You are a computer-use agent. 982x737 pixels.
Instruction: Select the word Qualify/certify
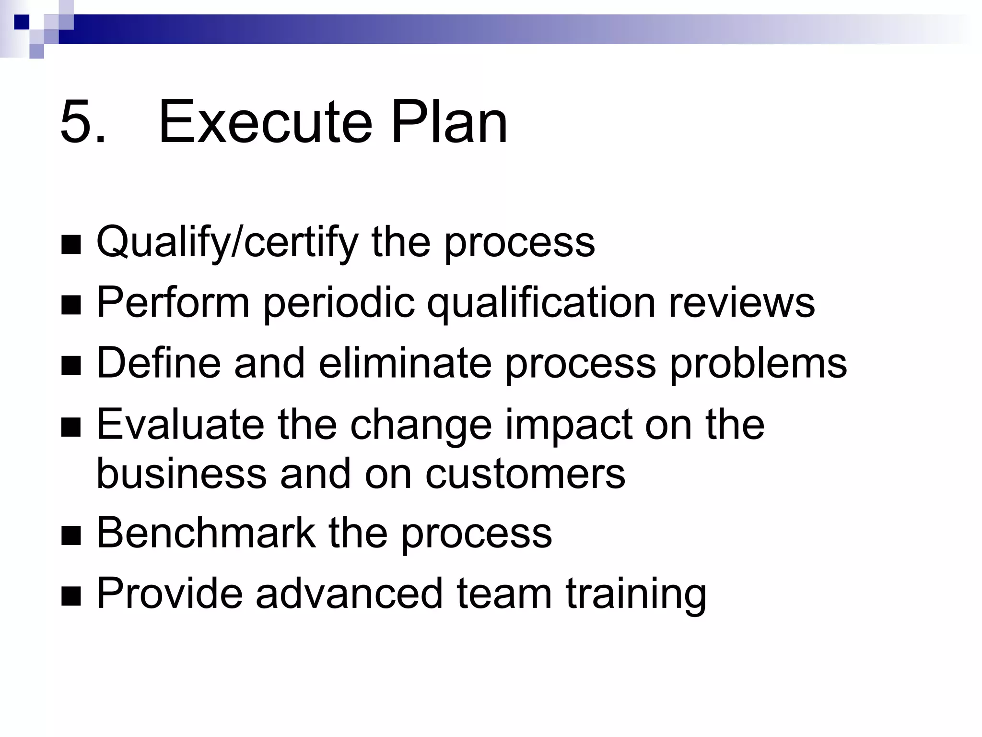coord(227,243)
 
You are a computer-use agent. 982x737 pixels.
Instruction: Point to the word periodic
coord(339,303)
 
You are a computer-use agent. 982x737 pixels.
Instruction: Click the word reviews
coord(741,303)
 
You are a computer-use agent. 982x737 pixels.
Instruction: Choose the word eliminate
coord(405,363)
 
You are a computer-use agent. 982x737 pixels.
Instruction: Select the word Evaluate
coord(180,425)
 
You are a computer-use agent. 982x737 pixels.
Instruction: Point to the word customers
coord(525,474)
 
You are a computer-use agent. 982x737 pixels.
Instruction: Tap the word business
coord(181,474)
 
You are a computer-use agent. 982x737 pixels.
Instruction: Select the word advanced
coord(349,594)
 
